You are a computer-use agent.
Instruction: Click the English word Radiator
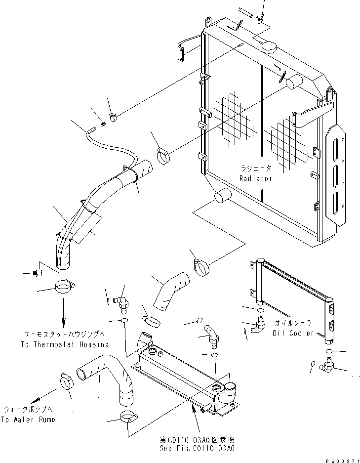coord(255,178)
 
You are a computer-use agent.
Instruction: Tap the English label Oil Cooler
coord(292,333)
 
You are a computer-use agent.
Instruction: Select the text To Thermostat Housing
coord(64,344)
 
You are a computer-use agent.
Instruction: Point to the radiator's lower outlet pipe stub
coord(223,196)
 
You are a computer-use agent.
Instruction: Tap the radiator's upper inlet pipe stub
coord(294,82)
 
